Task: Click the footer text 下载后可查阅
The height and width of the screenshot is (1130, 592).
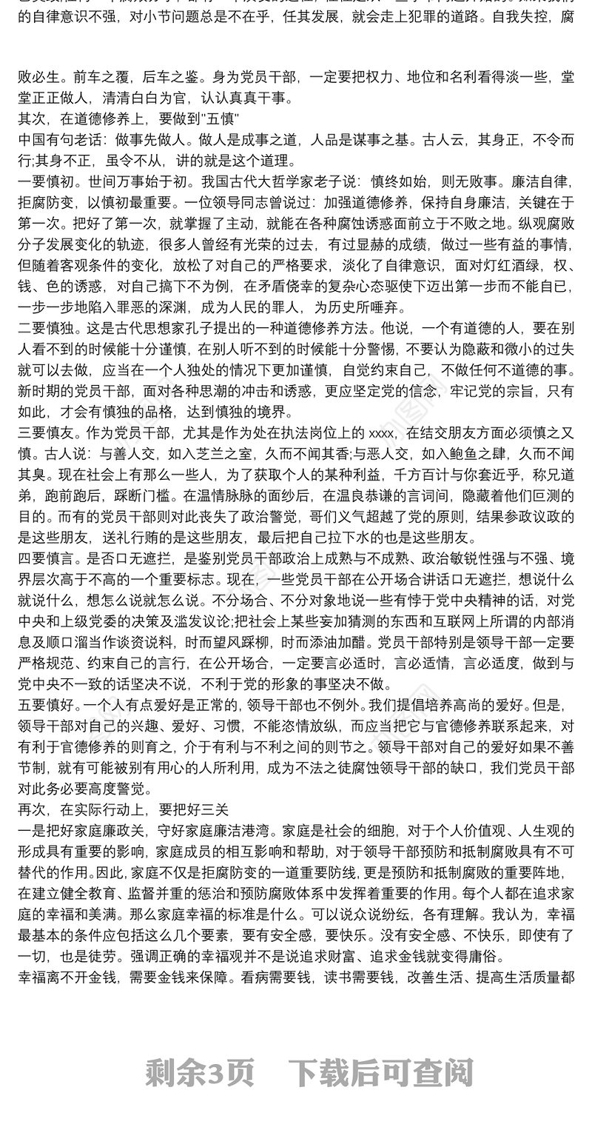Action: click(380, 1072)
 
